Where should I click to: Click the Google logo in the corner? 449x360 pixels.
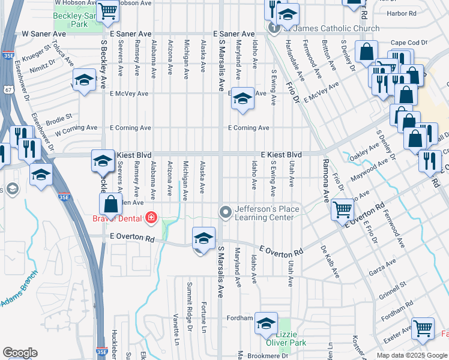point(20,353)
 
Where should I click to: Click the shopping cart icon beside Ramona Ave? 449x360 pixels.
point(342,209)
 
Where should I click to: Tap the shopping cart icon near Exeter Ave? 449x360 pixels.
point(423,328)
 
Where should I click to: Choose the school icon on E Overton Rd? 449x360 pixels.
point(203,239)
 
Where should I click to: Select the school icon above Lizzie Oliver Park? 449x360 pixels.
point(266,323)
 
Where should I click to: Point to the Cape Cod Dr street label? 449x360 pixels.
point(408,43)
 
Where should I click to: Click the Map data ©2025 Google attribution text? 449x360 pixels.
point(411,355)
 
